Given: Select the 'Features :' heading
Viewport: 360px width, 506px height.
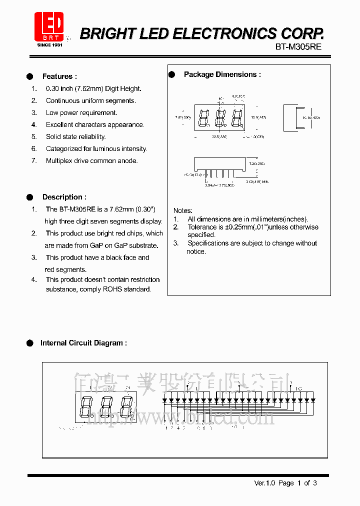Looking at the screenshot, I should [59, 76].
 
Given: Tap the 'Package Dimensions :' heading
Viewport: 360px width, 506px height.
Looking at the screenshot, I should [222, 74].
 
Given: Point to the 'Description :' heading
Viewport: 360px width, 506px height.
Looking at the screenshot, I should [64, 197].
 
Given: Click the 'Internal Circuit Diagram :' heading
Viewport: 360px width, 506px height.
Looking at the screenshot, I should [83, 343].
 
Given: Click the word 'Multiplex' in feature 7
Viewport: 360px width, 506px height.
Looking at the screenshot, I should [60, 161].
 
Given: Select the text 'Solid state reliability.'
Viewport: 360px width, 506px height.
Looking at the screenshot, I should [75, 137].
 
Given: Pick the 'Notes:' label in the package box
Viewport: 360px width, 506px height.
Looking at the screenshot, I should [182, 211].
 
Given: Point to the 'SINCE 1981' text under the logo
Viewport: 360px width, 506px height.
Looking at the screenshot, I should [49, 45].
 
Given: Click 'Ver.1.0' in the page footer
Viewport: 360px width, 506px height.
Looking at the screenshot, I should [264, 483].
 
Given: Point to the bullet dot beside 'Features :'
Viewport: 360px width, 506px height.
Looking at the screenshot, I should [29, 76].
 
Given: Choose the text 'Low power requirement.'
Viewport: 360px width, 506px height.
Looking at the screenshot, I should [81, 113].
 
